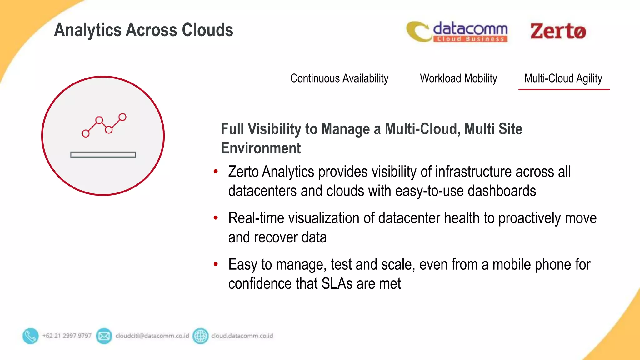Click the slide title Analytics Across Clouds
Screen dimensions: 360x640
coord(143,30)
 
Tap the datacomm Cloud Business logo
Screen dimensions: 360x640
coord(457,32)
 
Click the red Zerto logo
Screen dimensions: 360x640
coord(558,32)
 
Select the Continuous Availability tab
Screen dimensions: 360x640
coord(339,78)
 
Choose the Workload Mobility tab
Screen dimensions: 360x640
coord(458,78)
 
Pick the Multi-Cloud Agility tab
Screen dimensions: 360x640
coord(563,78)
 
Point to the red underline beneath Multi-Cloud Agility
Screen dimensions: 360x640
coord(564,90)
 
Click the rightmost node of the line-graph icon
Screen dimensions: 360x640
coord(122,117)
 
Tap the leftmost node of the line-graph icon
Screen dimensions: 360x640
coord(86,134)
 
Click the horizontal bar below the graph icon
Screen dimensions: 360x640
coord(103,154)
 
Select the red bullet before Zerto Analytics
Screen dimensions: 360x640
coord(216,171)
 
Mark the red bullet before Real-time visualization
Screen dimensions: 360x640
coord(216,217)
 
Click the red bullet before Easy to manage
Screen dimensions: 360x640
coord(216,264)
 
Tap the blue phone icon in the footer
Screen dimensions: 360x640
coord(31,336)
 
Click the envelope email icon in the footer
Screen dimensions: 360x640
coord(104,336)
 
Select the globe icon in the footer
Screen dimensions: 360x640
coord(201,336)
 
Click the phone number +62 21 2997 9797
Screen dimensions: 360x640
coord(67,336)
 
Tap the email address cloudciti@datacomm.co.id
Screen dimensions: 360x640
coord(152,336)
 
